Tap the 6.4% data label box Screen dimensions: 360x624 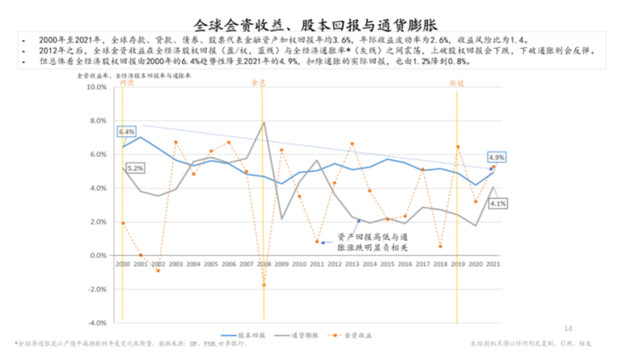pos(126,132)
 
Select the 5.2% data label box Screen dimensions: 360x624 pos(135,168)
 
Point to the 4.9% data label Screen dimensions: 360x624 pos(497,157)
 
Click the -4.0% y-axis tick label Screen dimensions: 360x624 pos(98,323)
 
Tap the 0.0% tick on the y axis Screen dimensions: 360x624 pos(100,255)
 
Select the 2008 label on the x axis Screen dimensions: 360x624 pos(263,265)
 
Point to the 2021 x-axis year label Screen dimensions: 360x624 pos(493,265)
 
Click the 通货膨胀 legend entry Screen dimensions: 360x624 pos(307,336)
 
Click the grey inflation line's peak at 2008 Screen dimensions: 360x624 pos(263,122)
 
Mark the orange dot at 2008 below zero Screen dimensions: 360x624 pos(264,285)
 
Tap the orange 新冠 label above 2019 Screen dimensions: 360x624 pos(457,81)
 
